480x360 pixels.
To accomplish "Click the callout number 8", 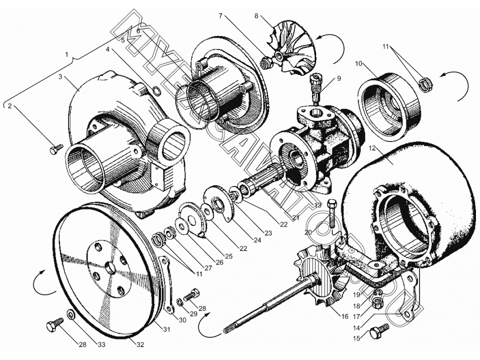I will point(256,16).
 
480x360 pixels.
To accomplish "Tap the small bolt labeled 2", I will point(56,148).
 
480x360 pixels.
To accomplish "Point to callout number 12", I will point(372,148).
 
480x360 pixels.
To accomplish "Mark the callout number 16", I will point(344,316).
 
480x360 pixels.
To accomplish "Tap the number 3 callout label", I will point(60,77).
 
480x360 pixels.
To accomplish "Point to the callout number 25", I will point(229,256).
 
